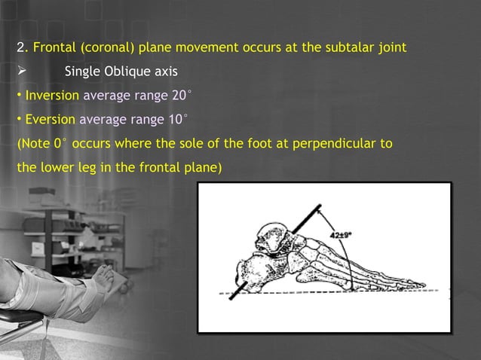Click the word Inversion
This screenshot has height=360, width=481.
coord(52,96)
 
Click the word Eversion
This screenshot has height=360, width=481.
coord(50,119)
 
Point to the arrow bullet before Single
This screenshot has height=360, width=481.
coord(22,72)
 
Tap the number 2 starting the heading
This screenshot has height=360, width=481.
coord(20,48)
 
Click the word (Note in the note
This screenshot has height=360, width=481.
coord(33,143)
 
